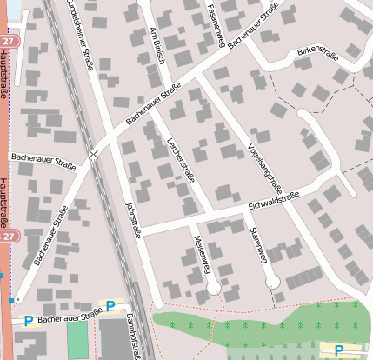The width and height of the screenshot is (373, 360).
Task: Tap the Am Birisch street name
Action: tap(158, 42)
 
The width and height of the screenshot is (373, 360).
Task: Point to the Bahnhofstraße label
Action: tap(136, 335)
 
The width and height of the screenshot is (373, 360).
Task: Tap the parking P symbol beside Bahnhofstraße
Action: tap(110, 305)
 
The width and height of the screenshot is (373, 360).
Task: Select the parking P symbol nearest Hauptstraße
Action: tap(28, 320)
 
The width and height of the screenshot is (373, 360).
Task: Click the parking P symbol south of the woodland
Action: tap(338, 349)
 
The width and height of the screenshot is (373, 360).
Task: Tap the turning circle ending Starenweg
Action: tap(272, 282)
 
